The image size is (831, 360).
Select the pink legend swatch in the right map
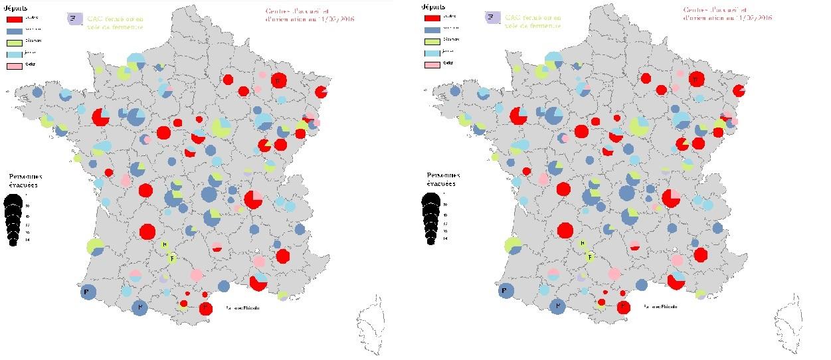[x=432, y=64]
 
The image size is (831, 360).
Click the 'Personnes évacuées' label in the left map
[x=25, y=181]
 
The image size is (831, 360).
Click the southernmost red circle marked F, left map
[x=205, y=308]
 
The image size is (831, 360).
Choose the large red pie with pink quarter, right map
[x=671, y=198]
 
